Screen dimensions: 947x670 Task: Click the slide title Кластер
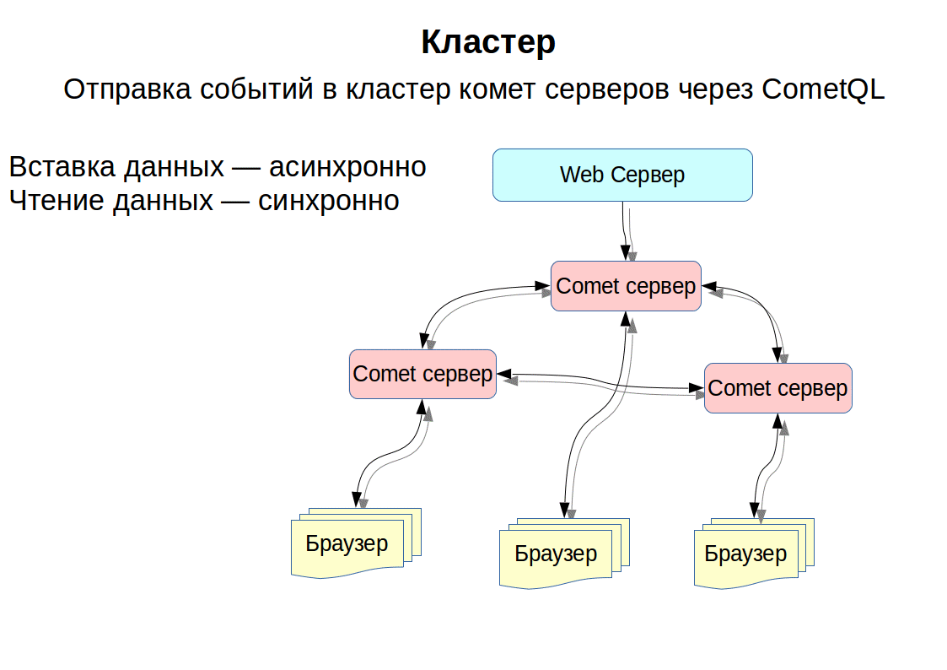pyautogui.click(x=488, y=42)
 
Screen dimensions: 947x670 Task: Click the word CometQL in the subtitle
pyautogui.click(x=822, y=89)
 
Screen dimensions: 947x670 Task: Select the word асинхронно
pyautogui.click(x=348, y=167)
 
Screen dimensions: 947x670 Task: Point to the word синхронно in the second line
pyautogui.click(x=329, y=201)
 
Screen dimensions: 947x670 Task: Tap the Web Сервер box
pyautogui.click(x=622, y=176)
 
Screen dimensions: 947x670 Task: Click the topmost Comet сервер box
pyautogui.click(x=626, y=286)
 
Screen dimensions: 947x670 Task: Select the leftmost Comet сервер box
pyautogui.click(x=422, y=374)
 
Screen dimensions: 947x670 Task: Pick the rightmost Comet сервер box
pyautogui.click(x=778, y=388)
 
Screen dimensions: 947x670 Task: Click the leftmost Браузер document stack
pyautogui.click(x=356, y=543)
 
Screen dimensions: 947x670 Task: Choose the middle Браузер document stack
pyautogui.click(x=564, y=554)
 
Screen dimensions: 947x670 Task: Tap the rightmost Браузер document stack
pyautogui.click(x=754, y=554)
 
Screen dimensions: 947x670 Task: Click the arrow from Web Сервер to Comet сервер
pyautogui.click(x=627, y=231)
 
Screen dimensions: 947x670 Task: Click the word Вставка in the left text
pyautogui.click(x=62, y=167)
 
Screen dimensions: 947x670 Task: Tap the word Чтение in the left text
pyautogui.click(x=56, y=201)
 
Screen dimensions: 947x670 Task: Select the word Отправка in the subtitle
pyautogui.click(x=127, y=89)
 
